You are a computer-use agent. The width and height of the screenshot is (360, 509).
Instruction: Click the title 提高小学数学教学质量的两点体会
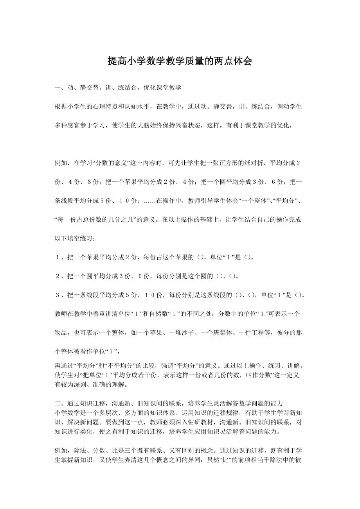coord(180,61)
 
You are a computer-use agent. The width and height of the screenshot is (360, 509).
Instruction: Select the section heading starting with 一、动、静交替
coord(118,88)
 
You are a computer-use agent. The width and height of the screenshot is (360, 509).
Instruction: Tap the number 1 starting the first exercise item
coord(58,257)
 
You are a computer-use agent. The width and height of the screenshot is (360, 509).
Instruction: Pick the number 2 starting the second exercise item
coord(58,276)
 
